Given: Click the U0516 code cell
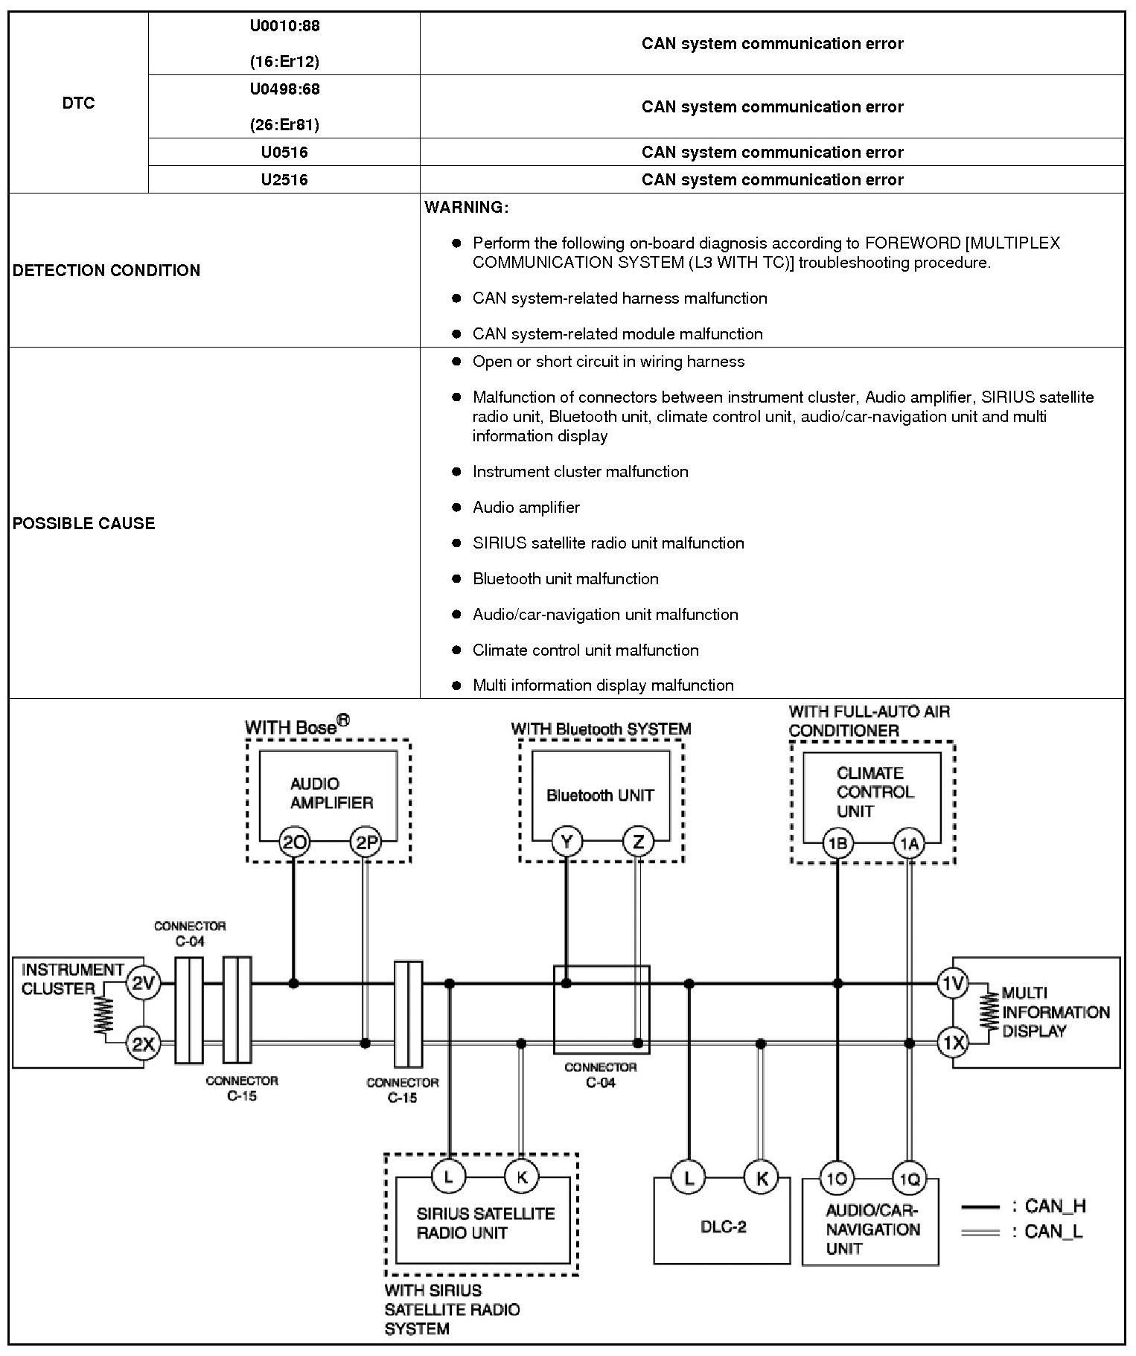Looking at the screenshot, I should point(284,152).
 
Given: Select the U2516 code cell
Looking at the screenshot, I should point(284,179).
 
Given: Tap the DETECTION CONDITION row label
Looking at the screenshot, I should point(106,270).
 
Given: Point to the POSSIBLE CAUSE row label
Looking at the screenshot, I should point(84,523).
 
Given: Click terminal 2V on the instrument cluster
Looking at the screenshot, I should point(142,984).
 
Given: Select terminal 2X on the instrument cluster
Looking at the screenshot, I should point(142,1044).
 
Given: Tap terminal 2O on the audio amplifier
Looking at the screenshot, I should point(294,842).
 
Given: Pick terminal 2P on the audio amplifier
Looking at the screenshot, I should point(366,842).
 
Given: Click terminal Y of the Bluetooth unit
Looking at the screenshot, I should point(567,842).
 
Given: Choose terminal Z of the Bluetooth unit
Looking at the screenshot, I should point(638,842).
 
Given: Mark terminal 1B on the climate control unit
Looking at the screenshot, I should point(838,843).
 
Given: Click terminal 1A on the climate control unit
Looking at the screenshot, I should point(909,843).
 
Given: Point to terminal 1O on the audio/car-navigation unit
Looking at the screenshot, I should point(837,1178).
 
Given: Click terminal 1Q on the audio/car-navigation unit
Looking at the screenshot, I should point(908,1178).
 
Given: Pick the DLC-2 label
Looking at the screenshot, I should point(723,1227).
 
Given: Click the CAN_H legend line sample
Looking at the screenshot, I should point(980,1206).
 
